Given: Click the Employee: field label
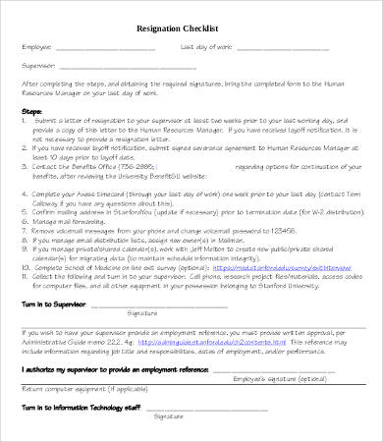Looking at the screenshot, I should (35, 45).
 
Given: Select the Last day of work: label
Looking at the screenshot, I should (205, 45).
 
